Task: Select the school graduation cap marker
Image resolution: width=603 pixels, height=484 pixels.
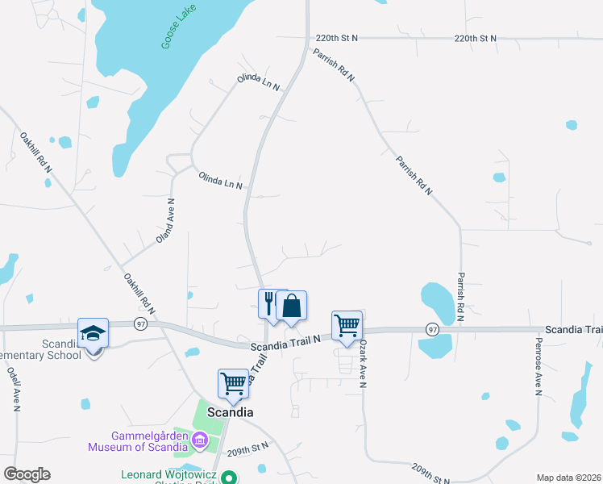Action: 94,333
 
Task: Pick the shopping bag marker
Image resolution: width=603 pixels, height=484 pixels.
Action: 291,307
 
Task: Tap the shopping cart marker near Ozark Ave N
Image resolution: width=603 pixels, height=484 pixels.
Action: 347,326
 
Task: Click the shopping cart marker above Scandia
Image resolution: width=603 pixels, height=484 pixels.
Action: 234,384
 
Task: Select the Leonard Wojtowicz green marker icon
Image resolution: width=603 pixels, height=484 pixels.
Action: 229,476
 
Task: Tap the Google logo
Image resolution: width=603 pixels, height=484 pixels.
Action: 27,474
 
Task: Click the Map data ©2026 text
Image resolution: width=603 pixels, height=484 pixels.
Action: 568,478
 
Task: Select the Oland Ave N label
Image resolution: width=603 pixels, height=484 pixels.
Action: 165,220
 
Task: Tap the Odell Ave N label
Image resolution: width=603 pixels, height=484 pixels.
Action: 15,389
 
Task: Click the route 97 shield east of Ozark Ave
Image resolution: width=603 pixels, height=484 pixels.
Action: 433,330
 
